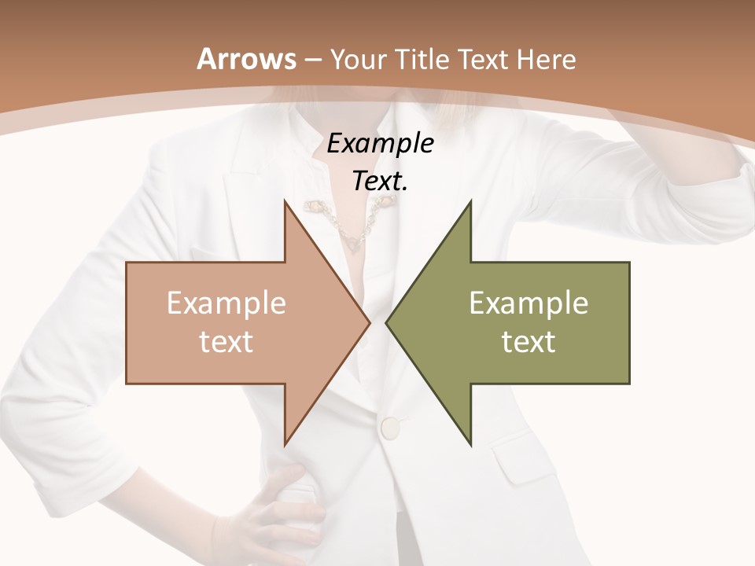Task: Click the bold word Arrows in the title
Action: pos(247,59)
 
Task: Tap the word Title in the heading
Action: pos(424,59)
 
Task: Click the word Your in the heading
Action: pos(359,59)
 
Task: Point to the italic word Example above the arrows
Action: pos(380,145)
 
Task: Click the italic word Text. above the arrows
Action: pos(380,182)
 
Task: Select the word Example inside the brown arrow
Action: pos(226,303)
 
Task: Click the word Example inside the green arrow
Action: pos(528,303)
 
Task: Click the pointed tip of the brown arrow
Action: pos(368,322)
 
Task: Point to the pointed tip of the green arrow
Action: pos(388,322)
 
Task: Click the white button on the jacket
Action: pos(390,428)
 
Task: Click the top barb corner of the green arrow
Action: pos(470,202)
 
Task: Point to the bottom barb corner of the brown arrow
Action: pos(285,444)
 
